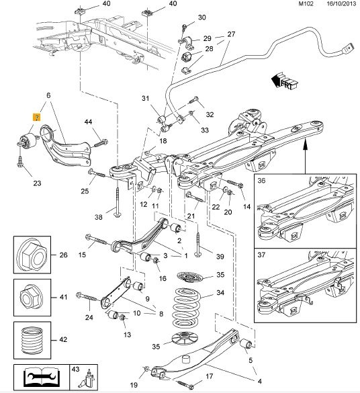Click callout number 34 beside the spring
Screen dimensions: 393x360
219,294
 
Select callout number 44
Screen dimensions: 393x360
89,122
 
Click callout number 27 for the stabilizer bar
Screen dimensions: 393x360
232,34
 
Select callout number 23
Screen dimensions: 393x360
36,183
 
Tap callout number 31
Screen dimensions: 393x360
146,100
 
